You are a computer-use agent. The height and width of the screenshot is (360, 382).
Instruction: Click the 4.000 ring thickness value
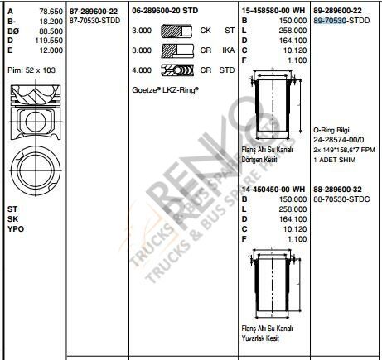click(142, 70)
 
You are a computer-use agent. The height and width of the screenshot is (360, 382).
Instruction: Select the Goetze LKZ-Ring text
click(165, 89)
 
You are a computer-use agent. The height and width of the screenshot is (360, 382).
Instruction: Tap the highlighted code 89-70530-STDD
click(341, 21)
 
